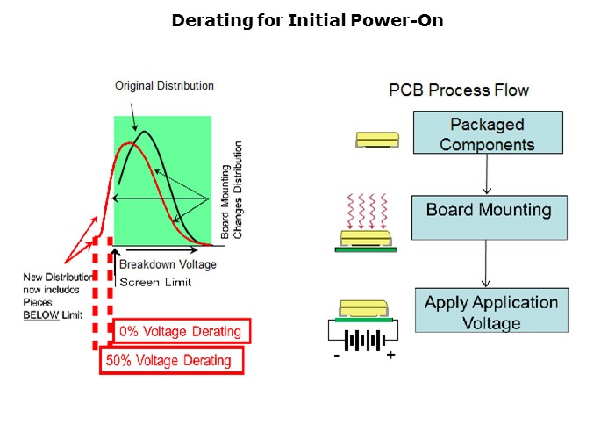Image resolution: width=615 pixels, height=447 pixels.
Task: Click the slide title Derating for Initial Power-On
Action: [x=307, y=20]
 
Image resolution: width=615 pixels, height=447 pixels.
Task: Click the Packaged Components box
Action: [x=487, y=134]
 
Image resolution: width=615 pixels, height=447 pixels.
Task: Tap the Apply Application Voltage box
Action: [x=491, y=312]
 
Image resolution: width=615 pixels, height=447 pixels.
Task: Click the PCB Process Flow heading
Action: [x=459, y=90]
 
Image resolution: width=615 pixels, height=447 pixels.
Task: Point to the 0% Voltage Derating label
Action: [x=182, y=331]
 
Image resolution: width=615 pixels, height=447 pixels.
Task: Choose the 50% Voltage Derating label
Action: [x=170, y=360]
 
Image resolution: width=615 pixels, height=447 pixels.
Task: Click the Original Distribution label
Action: [x=164, y=86]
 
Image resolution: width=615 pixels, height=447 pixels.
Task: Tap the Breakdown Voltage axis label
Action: [x=168, y=264]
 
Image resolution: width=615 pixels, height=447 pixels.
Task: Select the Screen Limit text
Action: [x=155, y=282]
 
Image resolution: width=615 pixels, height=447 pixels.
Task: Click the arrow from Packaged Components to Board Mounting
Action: [x=487, y=176]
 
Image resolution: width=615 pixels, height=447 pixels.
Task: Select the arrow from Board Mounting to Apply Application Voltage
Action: [x=487, y=263]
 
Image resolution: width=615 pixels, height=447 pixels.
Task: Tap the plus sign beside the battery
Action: [x=390, y=356]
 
